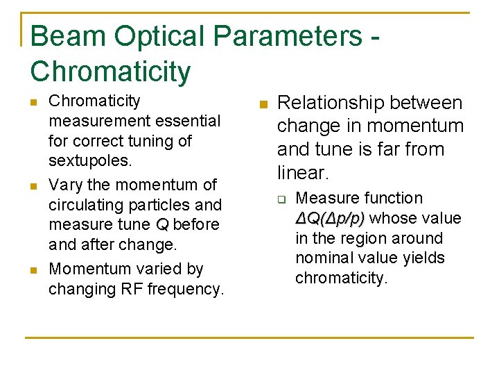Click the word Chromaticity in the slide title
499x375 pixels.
(x=110, y=71)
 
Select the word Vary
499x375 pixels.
(x=64, y=185)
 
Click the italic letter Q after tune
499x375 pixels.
(x=162, y=225)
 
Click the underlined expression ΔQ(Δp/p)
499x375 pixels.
(x=330, y=219)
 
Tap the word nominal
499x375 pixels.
(x=323, y=258)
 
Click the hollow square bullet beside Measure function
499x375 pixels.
(x=282, y=199)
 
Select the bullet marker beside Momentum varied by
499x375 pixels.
(x=33, y=269)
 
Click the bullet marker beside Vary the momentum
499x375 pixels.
(x=33, y=185)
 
